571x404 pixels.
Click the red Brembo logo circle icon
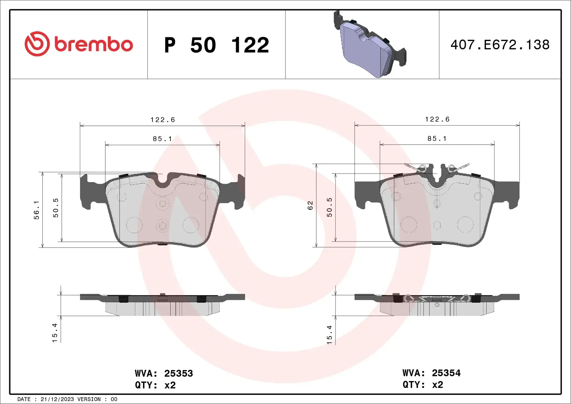37,44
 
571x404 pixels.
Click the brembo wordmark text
93,45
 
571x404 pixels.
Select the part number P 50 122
217,45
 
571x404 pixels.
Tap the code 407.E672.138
500,45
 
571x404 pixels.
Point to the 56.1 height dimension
36,210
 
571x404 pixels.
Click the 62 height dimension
310,205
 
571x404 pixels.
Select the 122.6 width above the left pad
163,120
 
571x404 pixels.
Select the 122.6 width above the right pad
437,119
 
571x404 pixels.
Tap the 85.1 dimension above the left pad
162,139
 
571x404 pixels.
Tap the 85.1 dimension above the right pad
437,139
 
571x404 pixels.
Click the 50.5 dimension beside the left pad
56,208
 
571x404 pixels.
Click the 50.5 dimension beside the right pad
330,207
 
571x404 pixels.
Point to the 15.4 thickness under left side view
55,333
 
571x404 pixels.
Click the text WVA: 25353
164,373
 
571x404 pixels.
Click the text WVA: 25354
432,373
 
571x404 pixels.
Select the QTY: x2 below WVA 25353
155,385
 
